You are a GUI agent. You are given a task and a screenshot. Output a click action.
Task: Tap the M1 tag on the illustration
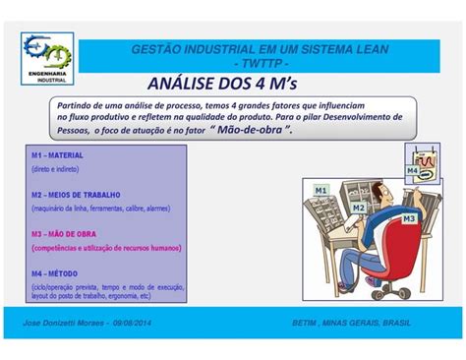coord(320,189)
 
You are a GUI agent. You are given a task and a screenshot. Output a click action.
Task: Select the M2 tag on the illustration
coord(358,209)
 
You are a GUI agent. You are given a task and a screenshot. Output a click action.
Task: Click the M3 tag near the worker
coord(409,217)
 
